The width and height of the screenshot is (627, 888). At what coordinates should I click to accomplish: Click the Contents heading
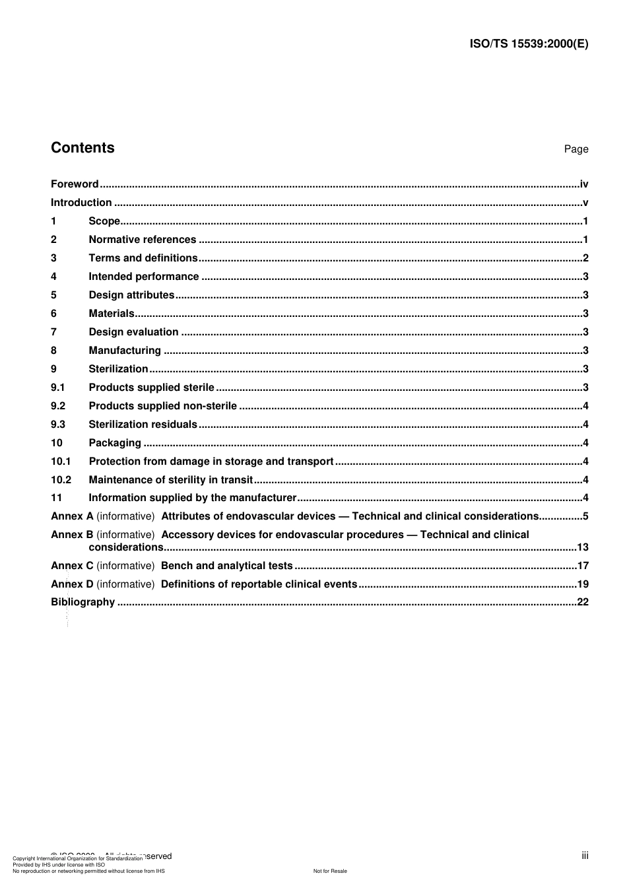82,147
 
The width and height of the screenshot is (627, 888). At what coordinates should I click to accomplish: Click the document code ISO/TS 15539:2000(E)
529,44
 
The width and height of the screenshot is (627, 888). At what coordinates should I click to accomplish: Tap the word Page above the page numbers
576,149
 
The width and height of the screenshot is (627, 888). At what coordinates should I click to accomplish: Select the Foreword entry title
75,184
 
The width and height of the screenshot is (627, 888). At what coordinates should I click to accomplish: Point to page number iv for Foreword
583,184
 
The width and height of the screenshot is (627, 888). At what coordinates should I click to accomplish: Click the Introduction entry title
81,203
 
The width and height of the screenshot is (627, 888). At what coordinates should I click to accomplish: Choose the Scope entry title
104,221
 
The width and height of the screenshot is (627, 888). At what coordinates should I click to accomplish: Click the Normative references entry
143,240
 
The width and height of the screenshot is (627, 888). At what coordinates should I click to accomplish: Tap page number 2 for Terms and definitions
585,258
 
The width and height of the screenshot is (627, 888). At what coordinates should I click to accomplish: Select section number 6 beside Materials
54,314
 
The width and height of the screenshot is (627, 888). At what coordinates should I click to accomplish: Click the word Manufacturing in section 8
125,351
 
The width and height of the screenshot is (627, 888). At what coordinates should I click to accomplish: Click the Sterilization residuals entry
143,425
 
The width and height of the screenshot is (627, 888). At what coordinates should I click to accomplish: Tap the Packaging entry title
115,443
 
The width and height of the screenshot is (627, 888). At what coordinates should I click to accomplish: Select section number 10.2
61,480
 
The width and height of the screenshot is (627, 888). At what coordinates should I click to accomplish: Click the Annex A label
72,516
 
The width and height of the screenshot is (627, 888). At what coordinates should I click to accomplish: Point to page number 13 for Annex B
582,547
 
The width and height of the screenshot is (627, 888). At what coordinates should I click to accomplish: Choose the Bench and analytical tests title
226,566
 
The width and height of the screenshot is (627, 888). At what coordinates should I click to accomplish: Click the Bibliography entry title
82,602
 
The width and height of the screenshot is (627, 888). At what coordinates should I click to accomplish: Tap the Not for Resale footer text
330,871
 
